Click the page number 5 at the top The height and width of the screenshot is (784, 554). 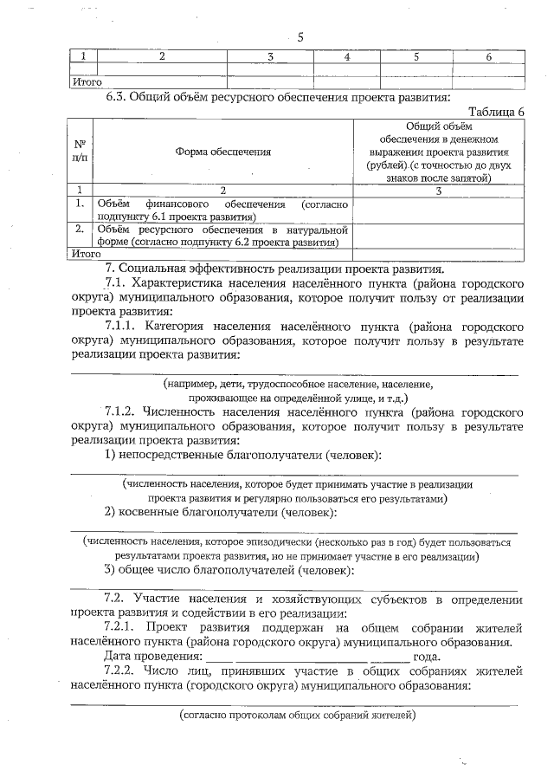(x=300, y=36)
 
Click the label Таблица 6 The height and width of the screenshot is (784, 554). (x=496, y=112)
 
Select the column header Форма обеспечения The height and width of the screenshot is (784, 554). (x=222, y=152)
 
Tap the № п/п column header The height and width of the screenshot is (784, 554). (x=80, y=152)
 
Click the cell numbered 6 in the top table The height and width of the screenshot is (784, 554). (x=489, y=56)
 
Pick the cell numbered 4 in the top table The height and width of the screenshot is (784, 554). (x=346, y=56)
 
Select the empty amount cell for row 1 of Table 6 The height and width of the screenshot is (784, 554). (x=438, y=211)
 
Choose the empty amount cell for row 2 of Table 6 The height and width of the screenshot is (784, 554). (x=438, y=236)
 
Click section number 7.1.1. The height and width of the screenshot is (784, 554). (x=124, y=327)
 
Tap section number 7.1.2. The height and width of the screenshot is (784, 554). (x=124, y=412)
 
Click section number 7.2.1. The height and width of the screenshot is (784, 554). (x=124, y=626)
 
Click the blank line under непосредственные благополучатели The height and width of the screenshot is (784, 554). (x=294, y=473)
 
